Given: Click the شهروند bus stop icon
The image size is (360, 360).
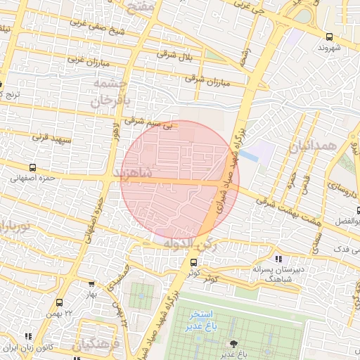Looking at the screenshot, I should pos(330,37).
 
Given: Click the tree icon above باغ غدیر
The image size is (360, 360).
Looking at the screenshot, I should pos(233,343).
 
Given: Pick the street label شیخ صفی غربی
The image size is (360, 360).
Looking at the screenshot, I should pos(98,27).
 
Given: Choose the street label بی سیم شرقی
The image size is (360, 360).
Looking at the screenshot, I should pos(148,122).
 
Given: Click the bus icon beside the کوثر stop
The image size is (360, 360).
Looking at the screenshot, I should pos(193,262).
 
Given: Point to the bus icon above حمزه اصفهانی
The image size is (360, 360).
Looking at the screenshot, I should pos(32,167).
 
